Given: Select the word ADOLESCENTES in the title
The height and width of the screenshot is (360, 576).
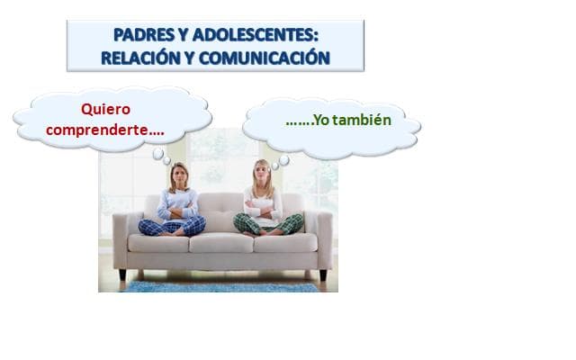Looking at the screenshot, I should click(251, 35).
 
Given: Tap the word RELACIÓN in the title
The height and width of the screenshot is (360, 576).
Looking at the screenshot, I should click(145, 57).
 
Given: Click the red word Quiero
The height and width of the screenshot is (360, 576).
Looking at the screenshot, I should click(106, 110).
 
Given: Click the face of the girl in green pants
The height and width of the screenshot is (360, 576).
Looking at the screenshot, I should click(262, 172).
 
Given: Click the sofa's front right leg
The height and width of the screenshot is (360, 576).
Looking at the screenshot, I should click(322, 274).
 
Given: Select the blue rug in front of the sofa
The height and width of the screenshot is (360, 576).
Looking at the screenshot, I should click(220, 286).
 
